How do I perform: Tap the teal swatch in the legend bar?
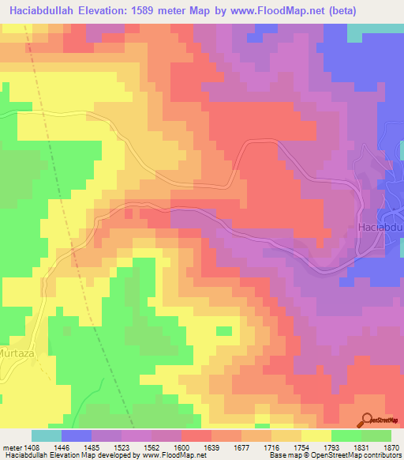(47, 435)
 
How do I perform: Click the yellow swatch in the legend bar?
(316, 435)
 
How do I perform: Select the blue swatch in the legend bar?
(77, 435)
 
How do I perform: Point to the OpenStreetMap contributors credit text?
(347, 456)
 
